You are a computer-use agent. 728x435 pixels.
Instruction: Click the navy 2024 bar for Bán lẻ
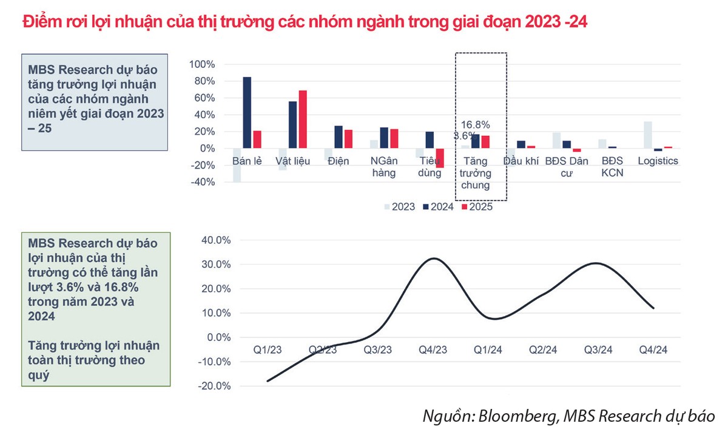point(247,113)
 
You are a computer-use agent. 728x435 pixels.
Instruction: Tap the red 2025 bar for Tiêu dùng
point(439,158)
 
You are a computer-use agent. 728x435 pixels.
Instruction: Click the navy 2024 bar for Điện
point(339,137)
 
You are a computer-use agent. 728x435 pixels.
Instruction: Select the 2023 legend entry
point(399,207)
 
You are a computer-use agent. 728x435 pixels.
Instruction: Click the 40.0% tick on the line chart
point(216,240)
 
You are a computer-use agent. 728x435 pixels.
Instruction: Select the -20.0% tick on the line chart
point(215,386)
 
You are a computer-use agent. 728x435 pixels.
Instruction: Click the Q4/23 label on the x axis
point(433,350)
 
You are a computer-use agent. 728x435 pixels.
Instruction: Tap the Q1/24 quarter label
point(488,350)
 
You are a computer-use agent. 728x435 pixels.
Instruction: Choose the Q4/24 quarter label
point(654,350)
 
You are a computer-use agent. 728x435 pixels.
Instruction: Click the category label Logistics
point(658,161)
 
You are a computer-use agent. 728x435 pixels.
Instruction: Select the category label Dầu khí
point(521,161)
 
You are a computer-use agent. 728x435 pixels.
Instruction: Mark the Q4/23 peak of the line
point(433,258)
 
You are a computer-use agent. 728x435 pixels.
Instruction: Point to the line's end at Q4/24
point(653,308)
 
